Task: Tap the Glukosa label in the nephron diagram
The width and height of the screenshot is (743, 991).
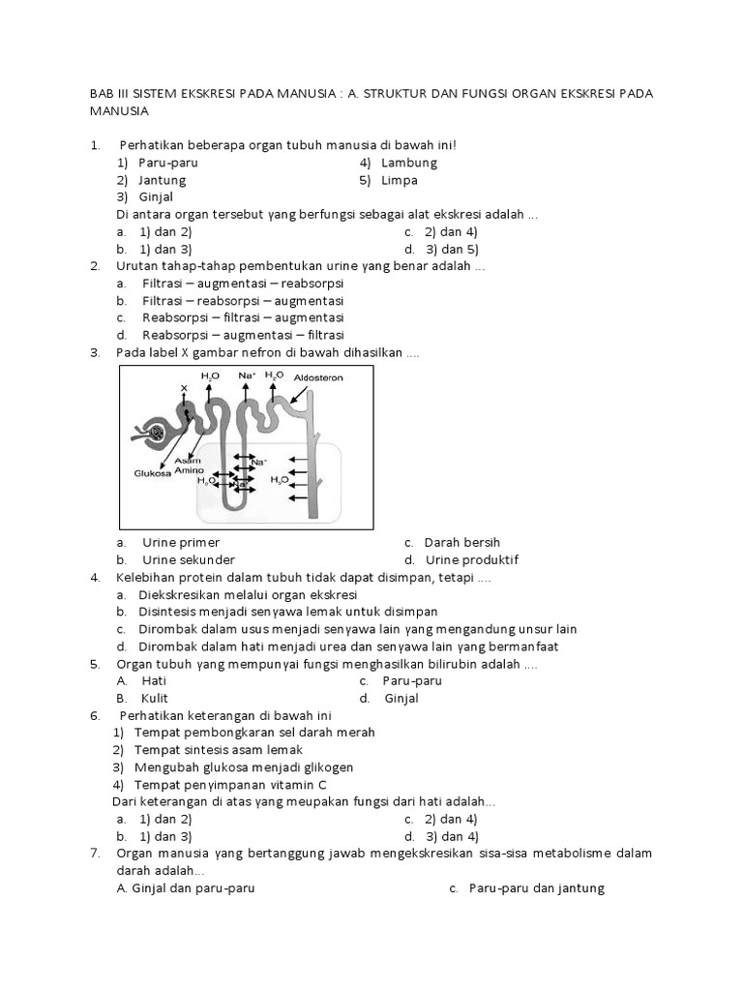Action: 152,473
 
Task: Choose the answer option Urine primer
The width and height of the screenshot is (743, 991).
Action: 180,542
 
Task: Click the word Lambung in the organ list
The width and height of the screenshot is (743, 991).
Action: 409,163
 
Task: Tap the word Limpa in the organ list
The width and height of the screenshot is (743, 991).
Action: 400,180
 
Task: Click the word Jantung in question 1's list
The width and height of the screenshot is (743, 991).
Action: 162,180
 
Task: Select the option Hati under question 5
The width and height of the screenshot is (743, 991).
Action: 154,681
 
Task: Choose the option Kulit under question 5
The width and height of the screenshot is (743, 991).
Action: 155,699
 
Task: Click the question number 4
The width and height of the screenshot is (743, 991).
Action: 95,577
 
